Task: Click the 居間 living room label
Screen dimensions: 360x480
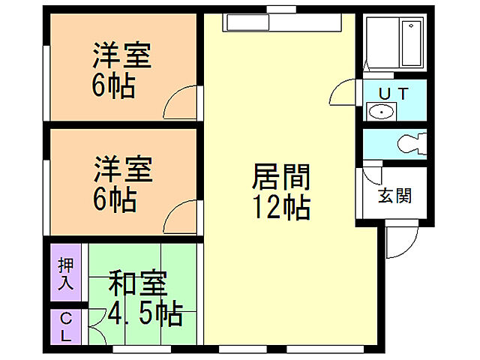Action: tap(280, 178)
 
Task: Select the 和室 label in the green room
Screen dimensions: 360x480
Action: tap(138, 286)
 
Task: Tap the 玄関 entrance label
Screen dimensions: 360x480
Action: tap(394, 196)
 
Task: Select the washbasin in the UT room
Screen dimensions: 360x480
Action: tap(382, 113)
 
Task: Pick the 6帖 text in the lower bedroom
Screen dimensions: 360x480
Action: tap(114, 199)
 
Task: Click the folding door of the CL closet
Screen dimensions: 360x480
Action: tap(95, 327)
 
